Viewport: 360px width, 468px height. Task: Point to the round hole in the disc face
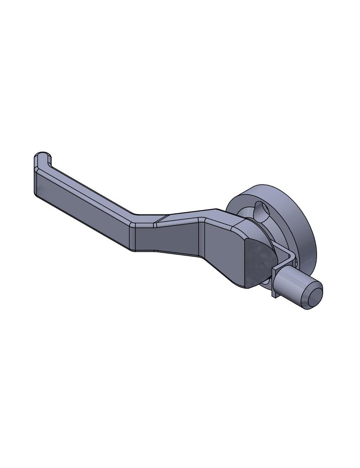tap(261, 210)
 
